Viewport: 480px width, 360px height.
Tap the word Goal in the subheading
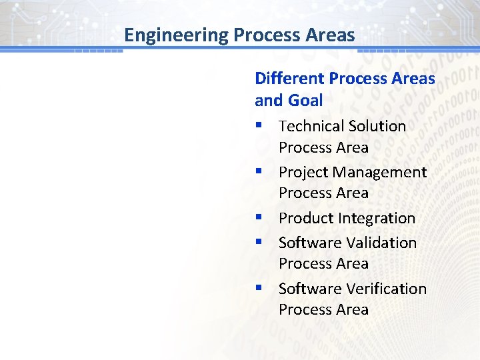click(305, 101)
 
